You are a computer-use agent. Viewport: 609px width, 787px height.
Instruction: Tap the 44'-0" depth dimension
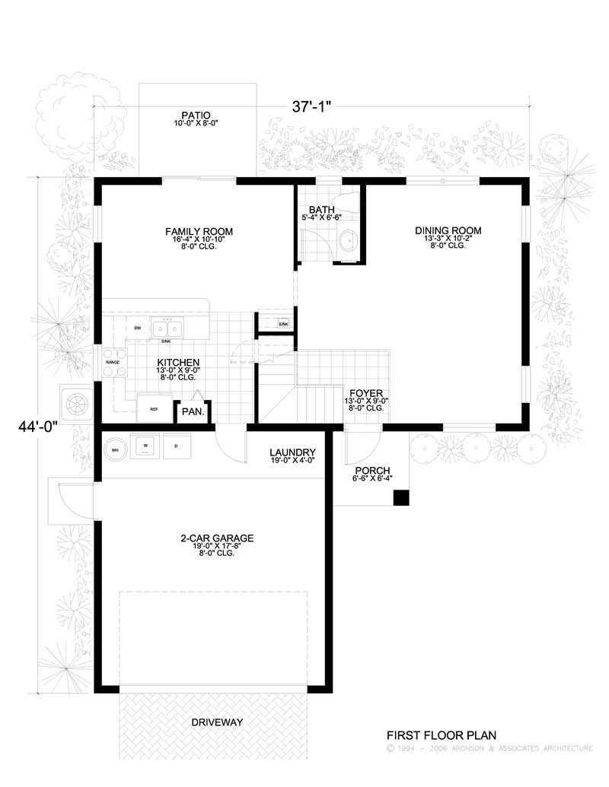tap(39, 427)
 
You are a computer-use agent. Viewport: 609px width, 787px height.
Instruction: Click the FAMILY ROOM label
tap(199, 232)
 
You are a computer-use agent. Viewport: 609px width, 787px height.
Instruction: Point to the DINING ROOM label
tap(448, 230)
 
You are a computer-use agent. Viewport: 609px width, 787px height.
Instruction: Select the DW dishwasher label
tap(138, 328)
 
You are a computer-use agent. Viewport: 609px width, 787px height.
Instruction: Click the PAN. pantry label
tap(190, 413)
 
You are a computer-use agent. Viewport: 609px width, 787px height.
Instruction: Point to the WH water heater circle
tap(114, 447)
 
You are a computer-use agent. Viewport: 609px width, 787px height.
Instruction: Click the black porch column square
tap(400, 497)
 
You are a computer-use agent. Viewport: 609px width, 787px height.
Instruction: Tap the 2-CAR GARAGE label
tap(217, 538)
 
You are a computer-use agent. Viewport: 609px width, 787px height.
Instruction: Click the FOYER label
tap(366, 394)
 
